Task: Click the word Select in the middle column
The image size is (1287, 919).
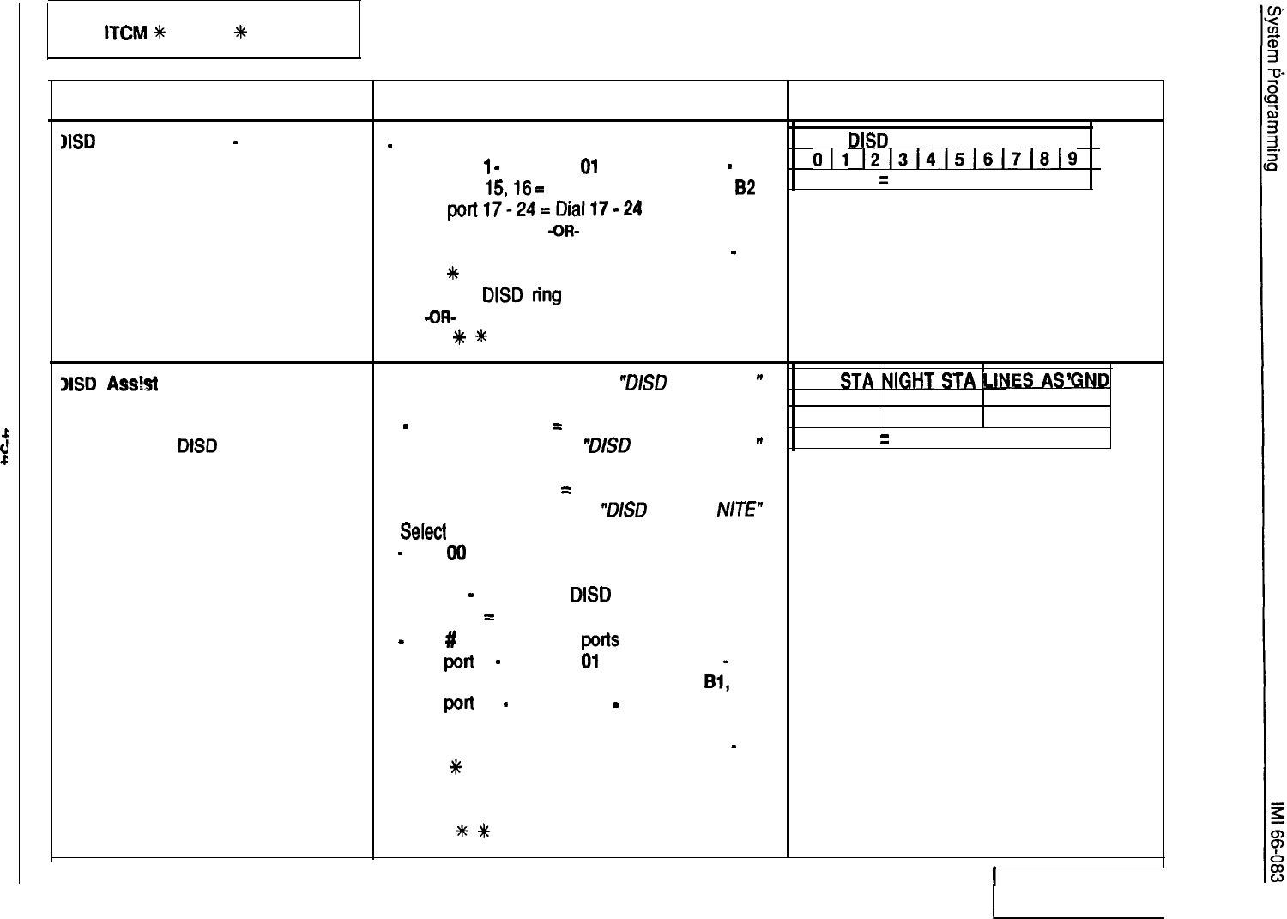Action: [x=423, y=532]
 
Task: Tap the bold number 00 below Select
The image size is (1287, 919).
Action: [x=456, y=554]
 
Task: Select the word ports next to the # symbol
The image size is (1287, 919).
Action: [x=599, y=640]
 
